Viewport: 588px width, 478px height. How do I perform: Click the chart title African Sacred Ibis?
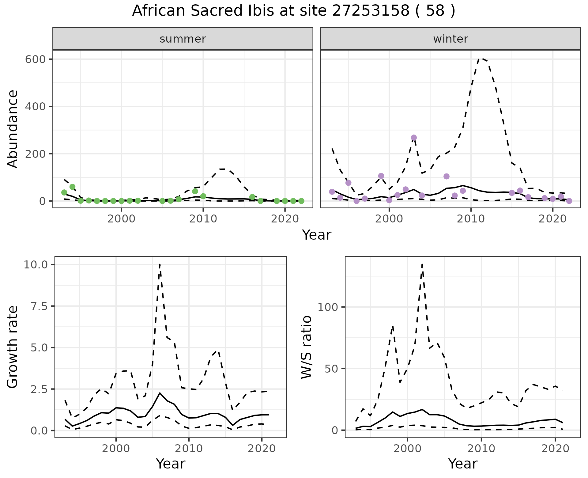[293, 11]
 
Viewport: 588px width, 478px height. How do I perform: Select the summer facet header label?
[183, 39]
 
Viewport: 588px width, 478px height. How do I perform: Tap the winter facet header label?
[450, 39]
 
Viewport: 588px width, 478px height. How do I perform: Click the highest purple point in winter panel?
[414, 138]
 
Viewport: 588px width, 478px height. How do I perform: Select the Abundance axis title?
[13, 129]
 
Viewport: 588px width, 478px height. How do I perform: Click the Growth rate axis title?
[13, 347]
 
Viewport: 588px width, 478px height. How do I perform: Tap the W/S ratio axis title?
[306, 347]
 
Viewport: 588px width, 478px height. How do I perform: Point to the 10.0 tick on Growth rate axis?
[36, 264]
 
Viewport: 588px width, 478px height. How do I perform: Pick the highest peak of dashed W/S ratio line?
[422, 264]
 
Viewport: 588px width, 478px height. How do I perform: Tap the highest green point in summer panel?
[73, 187]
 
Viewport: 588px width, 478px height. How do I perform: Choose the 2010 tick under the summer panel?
[203, 219]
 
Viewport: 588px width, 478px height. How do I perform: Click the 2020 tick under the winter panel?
[553, 219]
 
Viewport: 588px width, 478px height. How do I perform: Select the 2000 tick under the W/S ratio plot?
[407, 448]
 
